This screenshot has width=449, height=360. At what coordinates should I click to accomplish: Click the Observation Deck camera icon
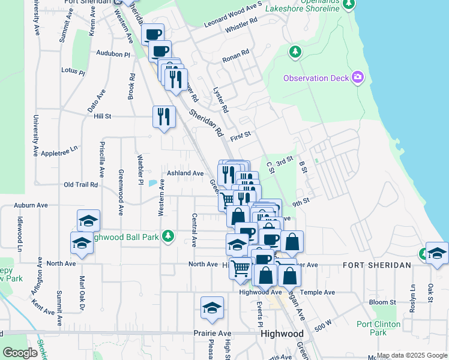(x=358, y=77)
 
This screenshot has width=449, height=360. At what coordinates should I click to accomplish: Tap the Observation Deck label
(x=315, y=78)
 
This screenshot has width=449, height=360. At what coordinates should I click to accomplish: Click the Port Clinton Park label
(x=379, y=328)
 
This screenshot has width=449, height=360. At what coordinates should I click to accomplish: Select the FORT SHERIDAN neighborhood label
(x=376, y=265)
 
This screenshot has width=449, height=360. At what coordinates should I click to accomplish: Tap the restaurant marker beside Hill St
(x=164, y=118)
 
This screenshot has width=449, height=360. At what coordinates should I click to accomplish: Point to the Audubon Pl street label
(x=113, y=54)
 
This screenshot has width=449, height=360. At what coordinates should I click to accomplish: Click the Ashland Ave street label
(x=185, y=173)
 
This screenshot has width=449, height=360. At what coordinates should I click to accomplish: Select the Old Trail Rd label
(x=80, y=184)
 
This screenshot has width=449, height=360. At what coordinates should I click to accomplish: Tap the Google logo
(x=20, y=353)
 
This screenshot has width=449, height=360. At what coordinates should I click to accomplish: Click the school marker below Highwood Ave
(x=212, y=308)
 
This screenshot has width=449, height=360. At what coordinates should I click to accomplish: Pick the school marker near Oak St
(x=437, y=254)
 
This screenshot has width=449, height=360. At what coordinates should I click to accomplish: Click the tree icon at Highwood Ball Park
(x=169, y=235)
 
